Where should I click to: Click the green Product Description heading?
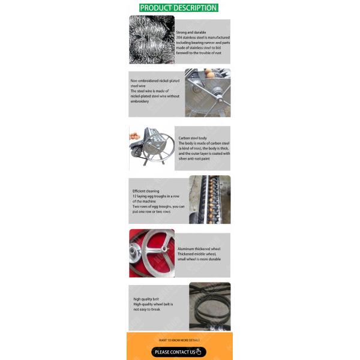(x=178, y=8)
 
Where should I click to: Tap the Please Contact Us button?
(x=179, y=352)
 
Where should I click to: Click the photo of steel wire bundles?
(x=151, y=40)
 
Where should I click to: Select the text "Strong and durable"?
(x=189, y=32)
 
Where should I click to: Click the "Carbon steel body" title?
(x=193, y=138)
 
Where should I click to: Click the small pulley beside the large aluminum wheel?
(x=135, y=256)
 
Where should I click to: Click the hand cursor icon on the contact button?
(x=198, y=352)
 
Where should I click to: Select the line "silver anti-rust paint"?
(x=195, y=159)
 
